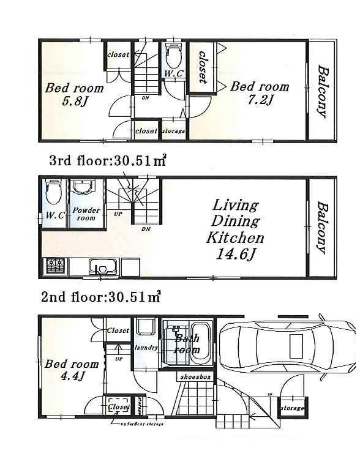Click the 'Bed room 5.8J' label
click(x=74, y=94)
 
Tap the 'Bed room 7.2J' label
click(x=259, y=92)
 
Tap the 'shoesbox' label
click(x=195, y=378)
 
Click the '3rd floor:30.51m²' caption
click(x=108, y=162)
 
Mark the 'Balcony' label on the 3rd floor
click(x=321, y=91)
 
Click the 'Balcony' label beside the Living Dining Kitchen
click(x=321, y=227)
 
